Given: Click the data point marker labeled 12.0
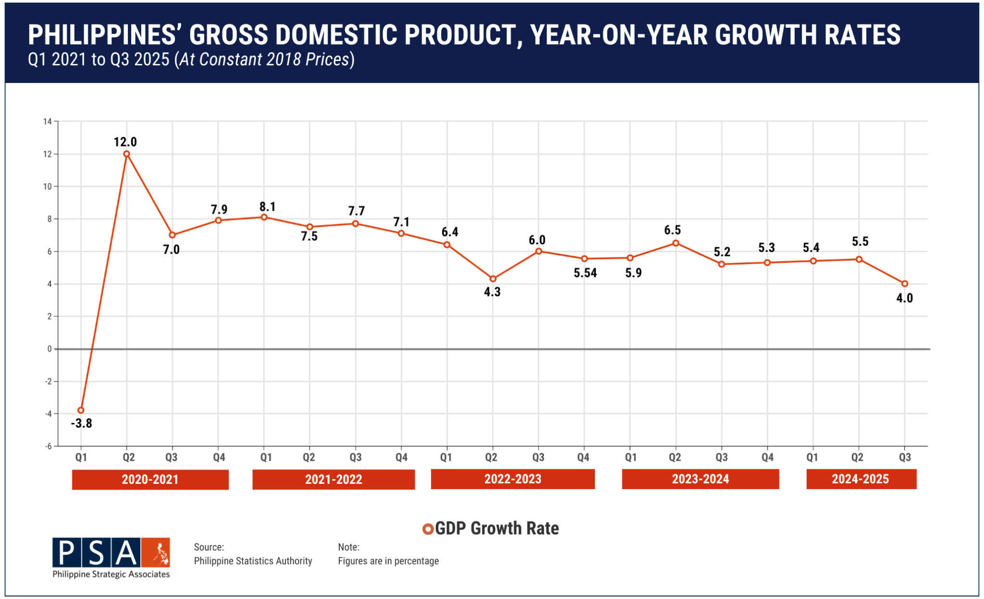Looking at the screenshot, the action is pyautogui.click(x=126, y=154).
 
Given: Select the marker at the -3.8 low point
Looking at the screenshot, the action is pyautogui.click(x=81, y=410).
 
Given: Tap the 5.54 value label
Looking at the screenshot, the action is pyautogui.click(x=585, y=273).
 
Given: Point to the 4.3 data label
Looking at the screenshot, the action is pyautogui.click(x=492, y=292).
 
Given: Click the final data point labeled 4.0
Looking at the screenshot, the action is pyautogui.click(x=905, y=284).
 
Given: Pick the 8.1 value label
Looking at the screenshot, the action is pyautogui.click(x=268, y=207).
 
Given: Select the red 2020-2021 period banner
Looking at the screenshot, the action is pyautogui.click(x=150, y=479).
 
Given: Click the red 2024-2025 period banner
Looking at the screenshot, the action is pyautogui.click(x=861, y=479).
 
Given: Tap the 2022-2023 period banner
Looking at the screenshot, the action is pyautogui.click(x=513, y=479).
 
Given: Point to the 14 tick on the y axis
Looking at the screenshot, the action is pyautogui.click(x=47, y=121).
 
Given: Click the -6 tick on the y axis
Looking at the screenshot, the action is pyautogui.click(x=48, y=446).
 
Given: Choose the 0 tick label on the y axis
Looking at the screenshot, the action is pyautogui.click(x=49, y=349).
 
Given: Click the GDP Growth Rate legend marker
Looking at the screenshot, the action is pyautogui.click(x=428, y=529).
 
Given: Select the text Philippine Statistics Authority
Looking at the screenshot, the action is pyautogui.click(x=253, y=561).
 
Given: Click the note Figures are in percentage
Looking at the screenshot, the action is pyautogui.click(x=388, y=561).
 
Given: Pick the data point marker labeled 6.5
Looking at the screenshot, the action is pyautogui.click(x=676, y=243).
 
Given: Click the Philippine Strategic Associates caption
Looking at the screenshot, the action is pyautogui.click(x=111, y=574).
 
